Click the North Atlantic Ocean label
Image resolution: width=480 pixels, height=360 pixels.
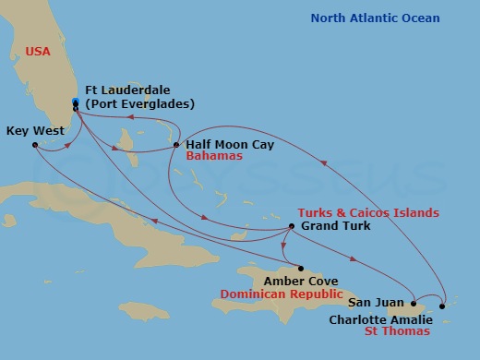coord(375,18)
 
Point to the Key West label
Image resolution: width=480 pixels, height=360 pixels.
coord(35,131)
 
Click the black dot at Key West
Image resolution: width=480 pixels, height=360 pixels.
coord(34,145)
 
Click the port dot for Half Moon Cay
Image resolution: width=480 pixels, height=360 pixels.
coord(176,145)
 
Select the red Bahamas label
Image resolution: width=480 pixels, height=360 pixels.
coord(214,157)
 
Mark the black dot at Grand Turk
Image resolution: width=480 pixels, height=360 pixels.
coord(292,226)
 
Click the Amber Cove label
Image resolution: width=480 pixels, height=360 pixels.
coord(300,281)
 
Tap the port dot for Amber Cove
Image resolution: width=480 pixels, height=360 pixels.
coord(300,269)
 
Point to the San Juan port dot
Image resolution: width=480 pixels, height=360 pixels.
coord(413,302)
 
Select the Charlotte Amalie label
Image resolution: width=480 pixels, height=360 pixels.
coord(380,320)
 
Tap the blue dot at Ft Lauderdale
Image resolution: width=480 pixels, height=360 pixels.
coord(75,102)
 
